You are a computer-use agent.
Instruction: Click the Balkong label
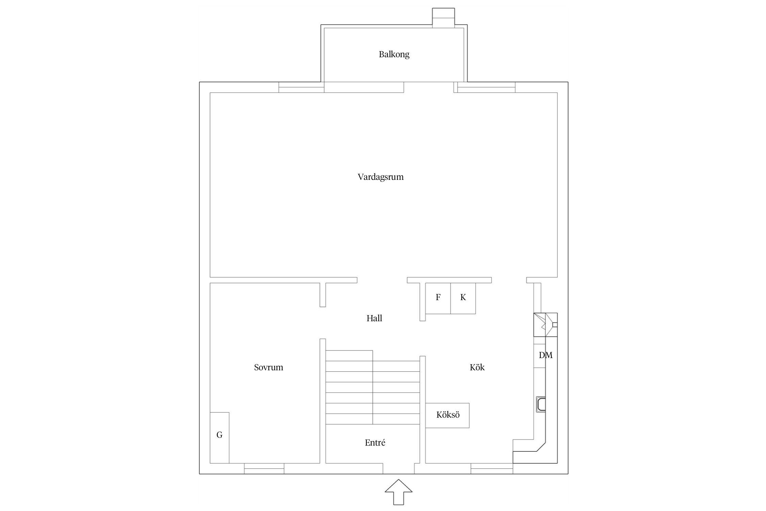(394, 54)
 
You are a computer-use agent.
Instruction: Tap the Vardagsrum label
(380, 177)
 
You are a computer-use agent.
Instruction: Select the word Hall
(374, 318)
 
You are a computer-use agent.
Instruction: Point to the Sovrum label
(268, 367)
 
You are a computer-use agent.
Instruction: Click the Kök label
(477, 367)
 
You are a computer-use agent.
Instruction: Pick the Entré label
(375, 443)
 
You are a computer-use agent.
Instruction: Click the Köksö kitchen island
(447, 415)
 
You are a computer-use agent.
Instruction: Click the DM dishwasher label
(545, 355)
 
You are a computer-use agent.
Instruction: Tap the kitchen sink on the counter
(541, 404)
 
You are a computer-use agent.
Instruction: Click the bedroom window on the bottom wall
(264, 468)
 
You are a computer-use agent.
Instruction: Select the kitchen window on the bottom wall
(492, 468)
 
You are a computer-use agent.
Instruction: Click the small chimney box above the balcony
(443, 18)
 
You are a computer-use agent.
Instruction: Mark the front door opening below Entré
(398, 468)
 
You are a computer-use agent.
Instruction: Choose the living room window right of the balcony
(486, 88)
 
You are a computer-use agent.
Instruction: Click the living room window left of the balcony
(301, 88)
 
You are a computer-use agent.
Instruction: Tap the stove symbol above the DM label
(545, 325)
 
